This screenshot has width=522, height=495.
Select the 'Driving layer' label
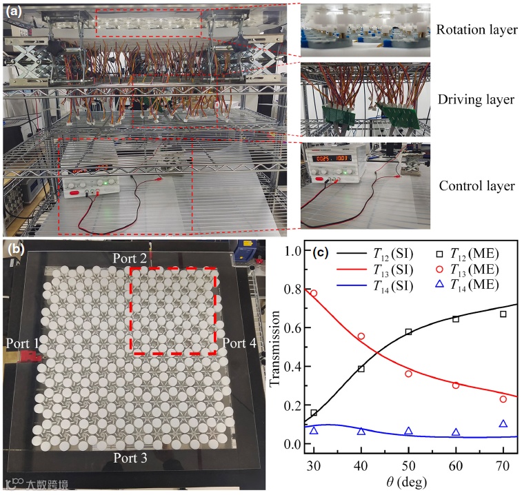[478, 99]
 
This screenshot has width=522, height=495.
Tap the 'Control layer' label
[476, 186]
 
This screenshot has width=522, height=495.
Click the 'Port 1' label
[21, 343]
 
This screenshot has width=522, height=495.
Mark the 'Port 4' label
[241, 343]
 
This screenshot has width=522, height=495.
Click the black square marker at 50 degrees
[409, 332]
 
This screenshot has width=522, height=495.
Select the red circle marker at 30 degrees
[314, 293]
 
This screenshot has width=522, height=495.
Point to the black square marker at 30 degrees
[314, 413]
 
